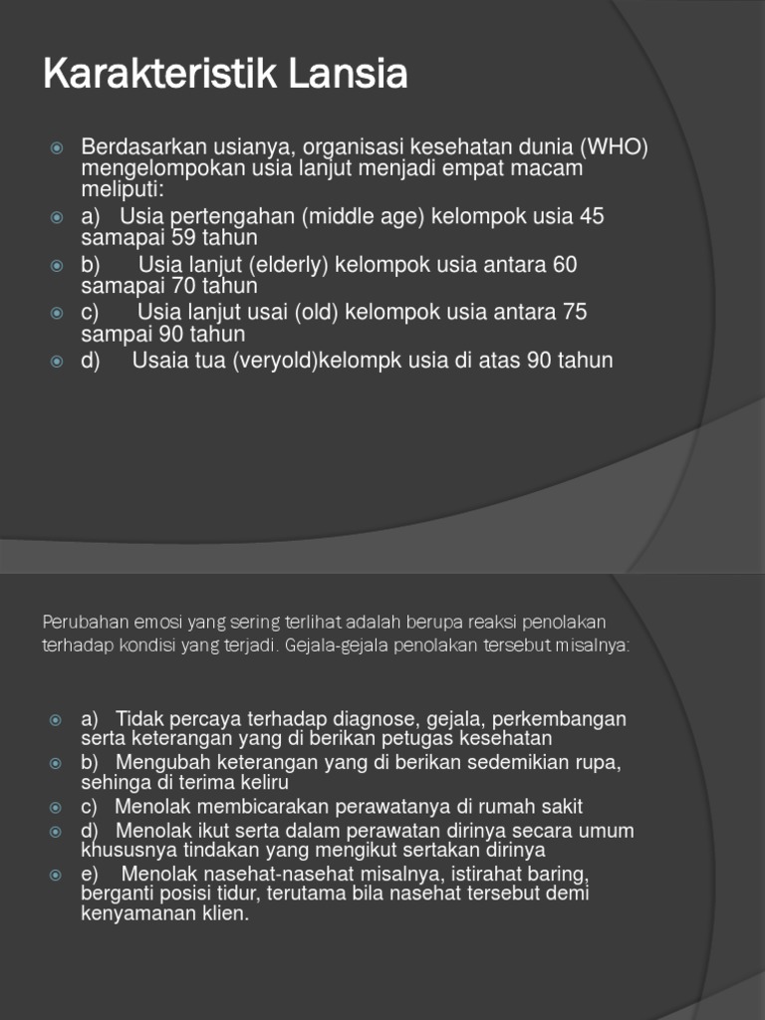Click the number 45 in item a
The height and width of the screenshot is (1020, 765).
pyautogui.click(x=591, y=216)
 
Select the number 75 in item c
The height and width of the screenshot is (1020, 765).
pyautogui.click(x=575, y=313)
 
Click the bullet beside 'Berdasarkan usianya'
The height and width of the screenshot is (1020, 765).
pyautogui.click(x=57, y=148)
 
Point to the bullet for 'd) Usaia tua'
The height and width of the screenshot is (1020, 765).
pyautogui.click(x=57, y=361)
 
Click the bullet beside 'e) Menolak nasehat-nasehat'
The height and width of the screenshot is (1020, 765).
pyautogui.click(x=57, y=875)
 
